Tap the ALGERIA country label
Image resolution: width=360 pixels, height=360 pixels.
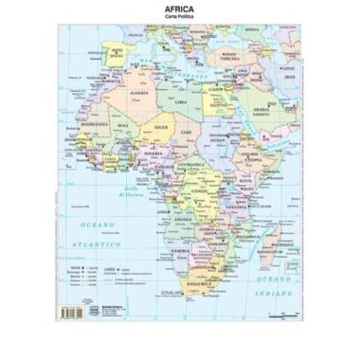[x=138, y=93]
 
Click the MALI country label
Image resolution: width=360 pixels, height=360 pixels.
[x=123, y=124]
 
